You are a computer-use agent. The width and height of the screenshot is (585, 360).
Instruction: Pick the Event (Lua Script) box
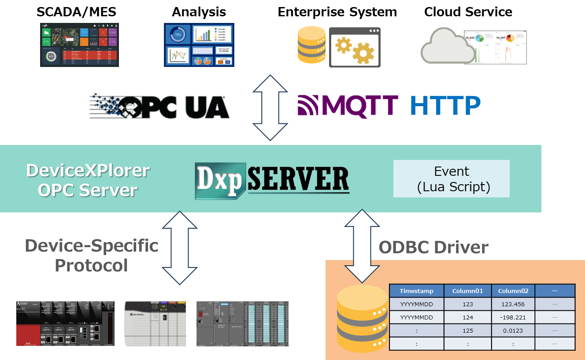(451, 178)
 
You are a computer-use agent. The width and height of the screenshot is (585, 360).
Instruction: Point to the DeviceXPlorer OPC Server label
(88, 180)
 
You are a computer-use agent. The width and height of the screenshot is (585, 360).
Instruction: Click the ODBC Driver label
(433, 247)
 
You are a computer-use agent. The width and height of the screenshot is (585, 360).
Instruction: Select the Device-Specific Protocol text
(92, 255)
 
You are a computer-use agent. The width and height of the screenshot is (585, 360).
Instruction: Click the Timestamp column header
(416, 291)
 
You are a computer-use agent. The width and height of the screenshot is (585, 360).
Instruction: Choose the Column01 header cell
(468, 291)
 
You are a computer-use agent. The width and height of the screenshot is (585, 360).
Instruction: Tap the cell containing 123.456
(513, 304)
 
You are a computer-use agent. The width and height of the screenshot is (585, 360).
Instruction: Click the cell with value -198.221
(513, 317)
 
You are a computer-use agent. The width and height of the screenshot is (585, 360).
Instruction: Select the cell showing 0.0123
(513, 330)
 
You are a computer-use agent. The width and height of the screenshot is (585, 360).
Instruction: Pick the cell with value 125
(468, 330)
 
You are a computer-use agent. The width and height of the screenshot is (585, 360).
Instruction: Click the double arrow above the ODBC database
(362, 246)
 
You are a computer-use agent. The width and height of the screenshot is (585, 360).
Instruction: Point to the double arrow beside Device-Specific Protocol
(180, 248)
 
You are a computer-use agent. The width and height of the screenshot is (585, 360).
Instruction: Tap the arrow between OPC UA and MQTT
(270, 108)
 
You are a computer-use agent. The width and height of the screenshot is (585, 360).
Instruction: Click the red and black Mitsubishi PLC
(65, 323)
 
